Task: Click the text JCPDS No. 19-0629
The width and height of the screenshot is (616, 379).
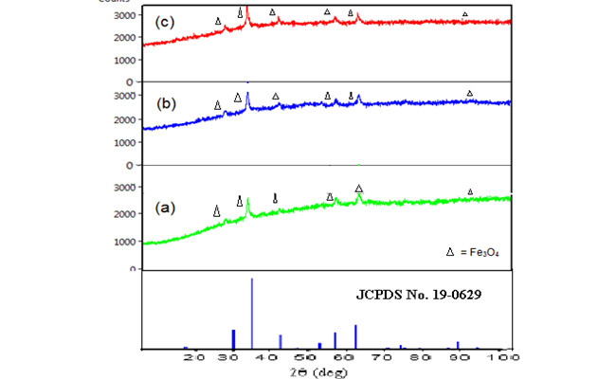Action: [419, 295]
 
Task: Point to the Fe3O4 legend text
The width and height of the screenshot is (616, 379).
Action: [482, 253]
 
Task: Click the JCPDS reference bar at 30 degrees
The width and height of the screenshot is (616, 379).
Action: [233, 339]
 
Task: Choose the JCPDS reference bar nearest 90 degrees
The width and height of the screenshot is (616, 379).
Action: [458, 345]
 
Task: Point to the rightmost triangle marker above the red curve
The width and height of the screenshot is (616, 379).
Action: [464, 14]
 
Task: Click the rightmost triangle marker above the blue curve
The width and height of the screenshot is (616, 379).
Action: [470, 93]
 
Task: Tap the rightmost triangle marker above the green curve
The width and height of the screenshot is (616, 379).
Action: [471, 192]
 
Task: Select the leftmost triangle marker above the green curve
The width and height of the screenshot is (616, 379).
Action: [217, 212]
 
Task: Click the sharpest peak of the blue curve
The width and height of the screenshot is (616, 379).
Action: [247, 98]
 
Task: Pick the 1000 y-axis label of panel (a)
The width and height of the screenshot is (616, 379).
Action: [125, 242]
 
